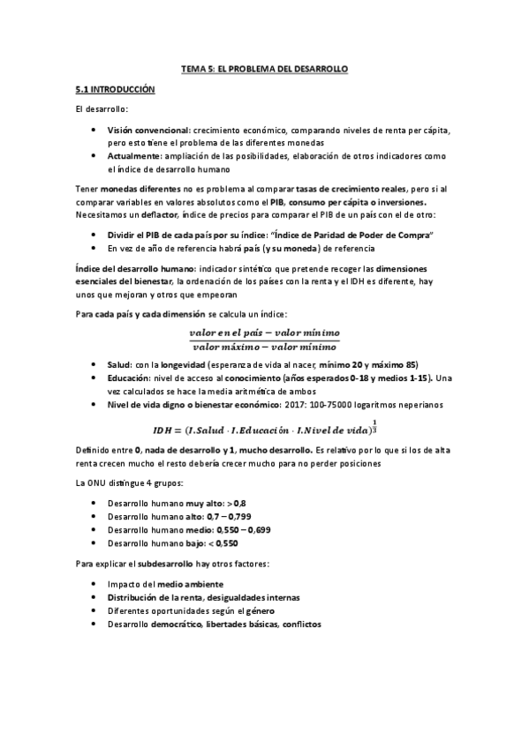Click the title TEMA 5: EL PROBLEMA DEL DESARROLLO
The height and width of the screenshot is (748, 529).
pos(264,68)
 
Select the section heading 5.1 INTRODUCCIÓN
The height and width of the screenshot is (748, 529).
pos(115,89)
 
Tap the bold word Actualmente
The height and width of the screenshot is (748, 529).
pos(139,155)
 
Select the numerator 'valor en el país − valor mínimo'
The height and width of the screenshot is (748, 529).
pos(264,333)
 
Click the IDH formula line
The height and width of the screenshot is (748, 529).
pos(264,430)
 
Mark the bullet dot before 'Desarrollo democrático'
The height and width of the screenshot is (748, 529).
pos(94,624)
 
